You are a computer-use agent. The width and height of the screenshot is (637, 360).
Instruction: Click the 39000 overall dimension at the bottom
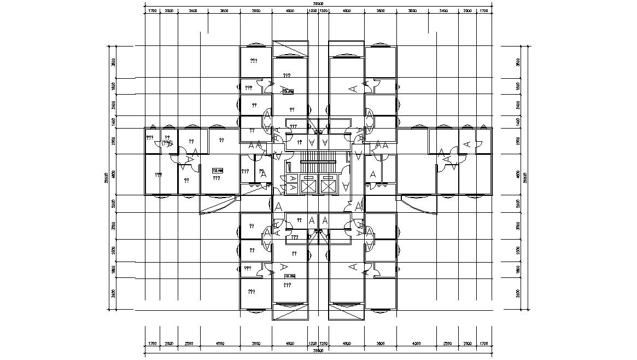click(x=318, y=350)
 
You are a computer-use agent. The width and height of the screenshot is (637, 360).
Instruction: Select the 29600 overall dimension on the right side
click(x=525, y=177)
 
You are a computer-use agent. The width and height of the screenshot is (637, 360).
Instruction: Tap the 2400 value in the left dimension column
click(x=113, y=104)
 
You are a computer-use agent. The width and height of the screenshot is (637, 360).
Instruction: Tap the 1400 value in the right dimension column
click(x=517, y=122)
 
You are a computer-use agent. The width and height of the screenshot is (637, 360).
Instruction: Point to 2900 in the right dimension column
click(x=517, y=141)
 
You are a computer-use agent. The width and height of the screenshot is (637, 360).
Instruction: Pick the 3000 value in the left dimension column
click(x=113, y=225)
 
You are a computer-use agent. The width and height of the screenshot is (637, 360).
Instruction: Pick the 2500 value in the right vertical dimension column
click(x=517, y=250)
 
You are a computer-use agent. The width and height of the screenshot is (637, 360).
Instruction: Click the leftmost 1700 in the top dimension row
click(x=153, y=10)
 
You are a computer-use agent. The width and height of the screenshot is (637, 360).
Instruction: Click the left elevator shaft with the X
click(x=308, y=187)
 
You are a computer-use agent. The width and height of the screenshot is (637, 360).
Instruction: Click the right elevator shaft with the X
click(x=328, y=187)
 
